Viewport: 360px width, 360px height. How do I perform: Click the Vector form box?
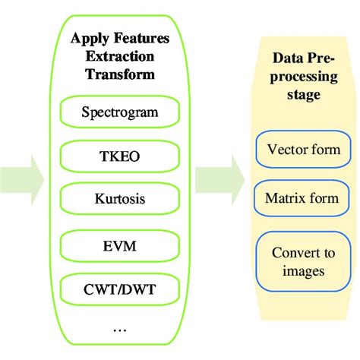[x=303, y=150]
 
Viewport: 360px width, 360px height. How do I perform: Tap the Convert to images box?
[x=303, y=261]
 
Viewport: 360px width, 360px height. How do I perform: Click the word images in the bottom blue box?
[x=303, y=270]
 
